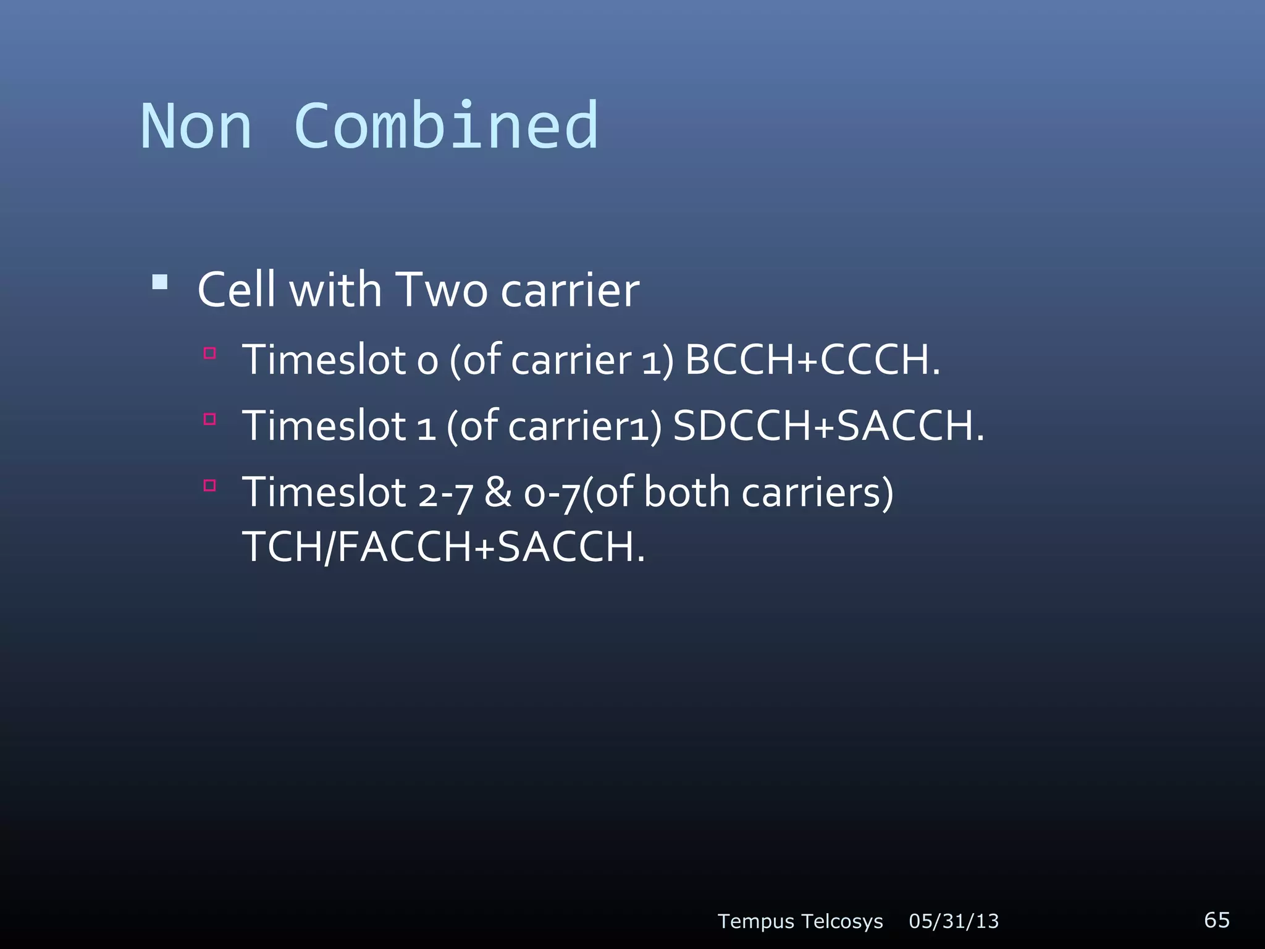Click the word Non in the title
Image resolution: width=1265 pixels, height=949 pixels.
click(196, 127)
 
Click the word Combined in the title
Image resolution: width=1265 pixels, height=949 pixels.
click(446, 127)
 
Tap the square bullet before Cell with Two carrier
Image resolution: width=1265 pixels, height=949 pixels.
click(160, 282)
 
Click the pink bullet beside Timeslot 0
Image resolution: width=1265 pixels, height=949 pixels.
click(210, 353)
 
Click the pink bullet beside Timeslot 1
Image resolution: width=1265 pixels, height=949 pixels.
click(210, 420)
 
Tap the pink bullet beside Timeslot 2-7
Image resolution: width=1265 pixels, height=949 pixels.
click(210, 486)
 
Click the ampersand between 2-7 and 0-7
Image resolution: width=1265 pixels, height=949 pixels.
click(498, 492)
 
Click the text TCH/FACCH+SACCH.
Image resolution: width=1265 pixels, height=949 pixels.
click(443, 547)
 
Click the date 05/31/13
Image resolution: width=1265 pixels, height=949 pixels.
click(954, 921)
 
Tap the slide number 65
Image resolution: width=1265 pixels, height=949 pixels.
click(1217, 920)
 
